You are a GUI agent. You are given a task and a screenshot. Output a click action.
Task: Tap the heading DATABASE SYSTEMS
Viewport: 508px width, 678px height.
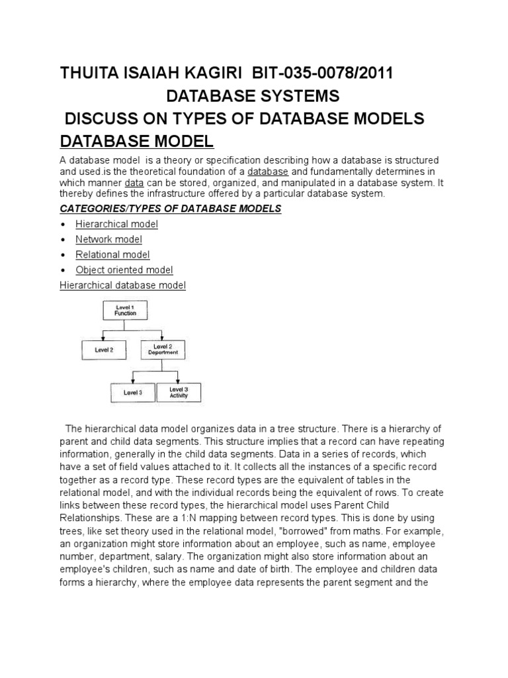tap(253, 97)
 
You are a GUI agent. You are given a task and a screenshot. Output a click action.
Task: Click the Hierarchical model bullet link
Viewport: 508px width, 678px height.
tap(116, 224)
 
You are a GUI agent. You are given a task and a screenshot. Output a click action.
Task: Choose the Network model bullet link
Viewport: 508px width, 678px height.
tap(108, 240)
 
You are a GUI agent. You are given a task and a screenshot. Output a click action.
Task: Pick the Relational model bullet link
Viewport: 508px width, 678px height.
tap(112, 255)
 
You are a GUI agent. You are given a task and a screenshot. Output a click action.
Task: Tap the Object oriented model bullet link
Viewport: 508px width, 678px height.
tap(124, 270)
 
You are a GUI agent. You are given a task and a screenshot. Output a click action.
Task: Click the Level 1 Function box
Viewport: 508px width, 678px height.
tap(126, 311)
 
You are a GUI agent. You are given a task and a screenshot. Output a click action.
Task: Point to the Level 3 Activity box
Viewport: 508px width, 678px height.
tap(179, 392)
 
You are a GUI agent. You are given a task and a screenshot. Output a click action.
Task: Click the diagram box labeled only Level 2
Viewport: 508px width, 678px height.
tap(105, 350)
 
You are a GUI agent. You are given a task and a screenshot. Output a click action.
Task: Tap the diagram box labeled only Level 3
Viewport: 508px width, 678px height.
tap(133, 393)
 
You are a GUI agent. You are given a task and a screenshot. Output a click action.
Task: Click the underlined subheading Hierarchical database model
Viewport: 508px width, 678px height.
tap(122, 285)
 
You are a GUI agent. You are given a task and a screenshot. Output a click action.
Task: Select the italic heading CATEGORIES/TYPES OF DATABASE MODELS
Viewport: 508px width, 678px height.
tap(171, 209)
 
